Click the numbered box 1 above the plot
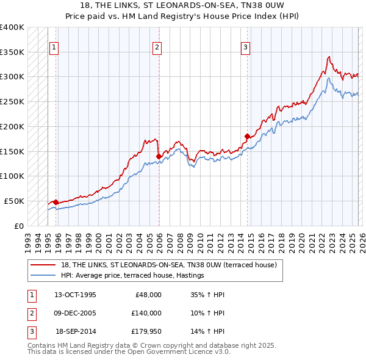[x=54, y=47]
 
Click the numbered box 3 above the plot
[x=245, y=47]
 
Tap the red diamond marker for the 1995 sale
[x=56, y=202]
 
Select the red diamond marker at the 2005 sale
[x=159, y=156]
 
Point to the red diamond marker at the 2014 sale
[x=247, y=136]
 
